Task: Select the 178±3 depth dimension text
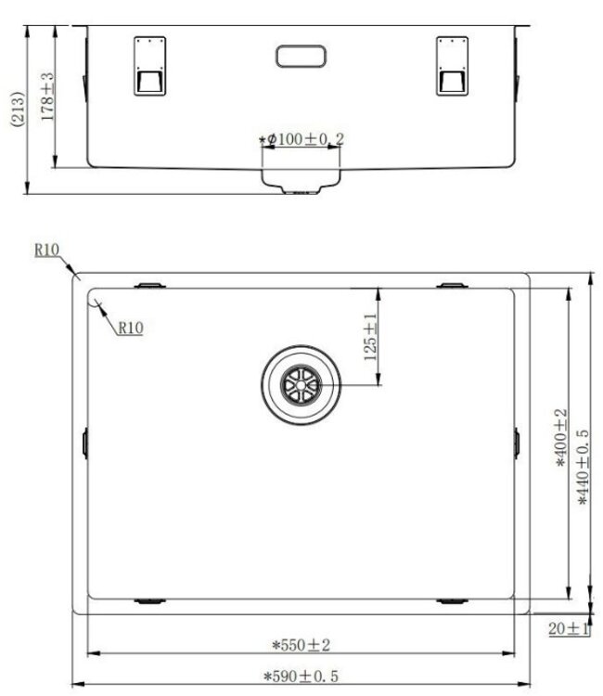(x=47, y=97)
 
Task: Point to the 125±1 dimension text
(x=370, y=337)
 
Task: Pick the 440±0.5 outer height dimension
(x=583, y=466)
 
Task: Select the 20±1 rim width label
(x=569, y=628)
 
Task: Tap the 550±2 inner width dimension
(x=301, y=644)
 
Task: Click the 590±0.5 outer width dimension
(x=301, y=676)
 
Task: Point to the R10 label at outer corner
(x=45, y=250)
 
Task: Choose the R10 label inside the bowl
(x=129, y=327)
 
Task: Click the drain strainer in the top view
(x=301, y=383)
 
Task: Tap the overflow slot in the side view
(x=301, y=55)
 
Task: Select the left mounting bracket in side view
(x=149, y=66)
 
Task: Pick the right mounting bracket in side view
(x=452, y=66)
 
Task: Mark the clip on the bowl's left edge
(x=85, y=442)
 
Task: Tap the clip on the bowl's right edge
(x=517, y=442)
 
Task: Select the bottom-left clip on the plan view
(x=149, y=601)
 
